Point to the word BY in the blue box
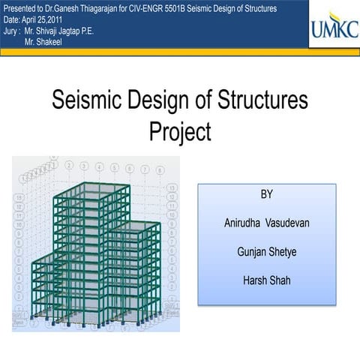pos(266,194)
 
